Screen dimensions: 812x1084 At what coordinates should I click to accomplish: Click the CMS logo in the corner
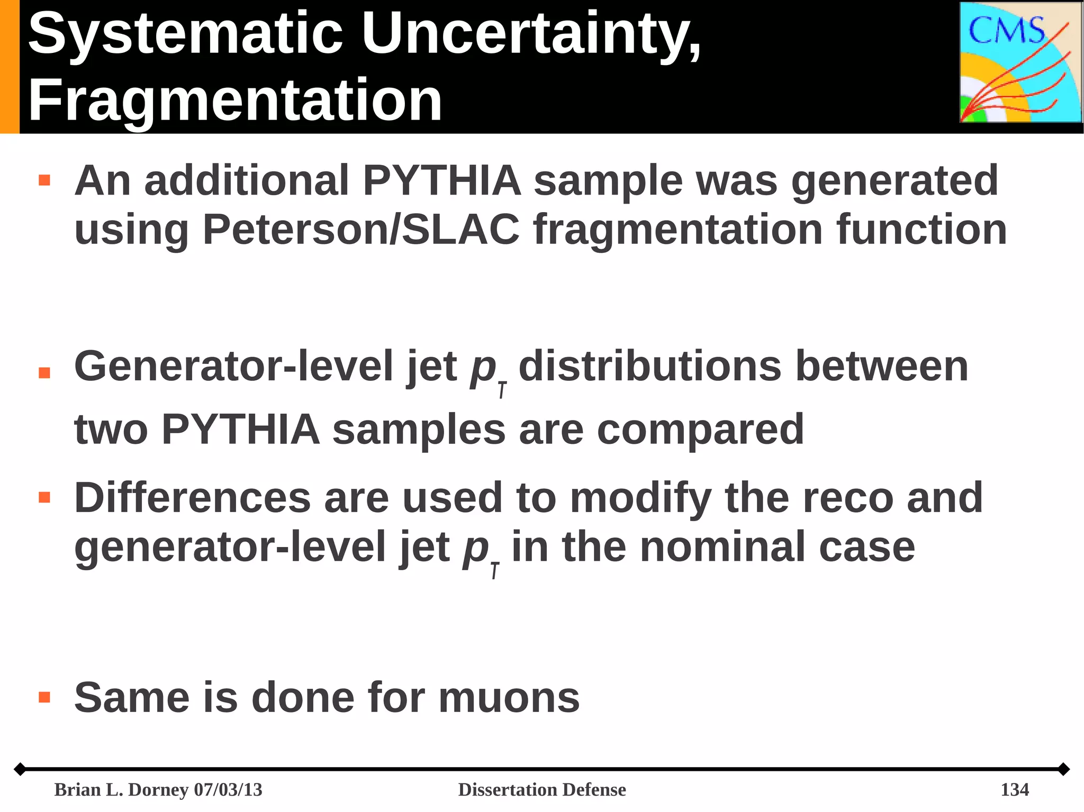point(1020,62)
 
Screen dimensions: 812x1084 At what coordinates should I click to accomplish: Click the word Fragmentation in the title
point(235,101)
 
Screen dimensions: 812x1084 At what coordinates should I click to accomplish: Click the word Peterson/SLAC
point(361,230)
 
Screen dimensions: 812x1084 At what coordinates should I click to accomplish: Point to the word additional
point(247,181)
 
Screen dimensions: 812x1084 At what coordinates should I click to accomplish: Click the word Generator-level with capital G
point(233,366)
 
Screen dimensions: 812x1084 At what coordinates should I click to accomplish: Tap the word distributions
point(650,366)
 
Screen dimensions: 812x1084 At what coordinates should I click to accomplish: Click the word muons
point(509,698)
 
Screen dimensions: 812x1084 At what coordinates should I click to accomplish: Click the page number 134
point(1014,790)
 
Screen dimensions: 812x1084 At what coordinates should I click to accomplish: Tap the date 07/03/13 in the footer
point(228,790)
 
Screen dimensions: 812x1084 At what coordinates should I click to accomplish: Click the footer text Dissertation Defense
point(542,790)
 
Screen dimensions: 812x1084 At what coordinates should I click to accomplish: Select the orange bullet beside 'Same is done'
point(44,697)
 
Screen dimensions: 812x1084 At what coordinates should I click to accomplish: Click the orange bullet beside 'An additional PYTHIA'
point(44,180)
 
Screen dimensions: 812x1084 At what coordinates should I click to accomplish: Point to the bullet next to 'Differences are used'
point(44,497)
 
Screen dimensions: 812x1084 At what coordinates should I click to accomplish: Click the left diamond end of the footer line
point(20,769)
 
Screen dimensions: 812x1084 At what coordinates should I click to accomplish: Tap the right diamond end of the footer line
point(1063,769)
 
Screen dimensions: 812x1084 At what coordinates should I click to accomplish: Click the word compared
point(700,429)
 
